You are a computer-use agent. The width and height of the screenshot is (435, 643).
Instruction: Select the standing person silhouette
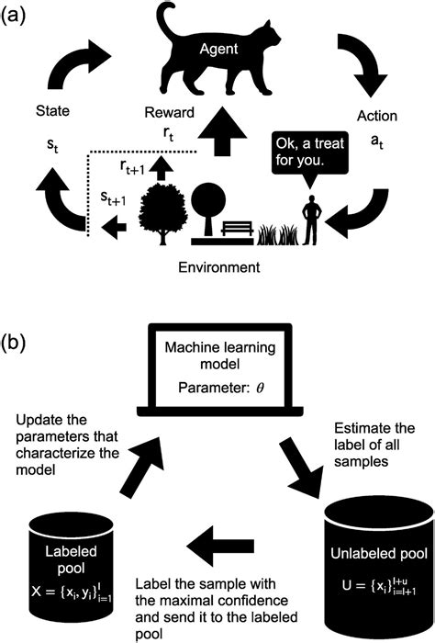click(x=313, y=221)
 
